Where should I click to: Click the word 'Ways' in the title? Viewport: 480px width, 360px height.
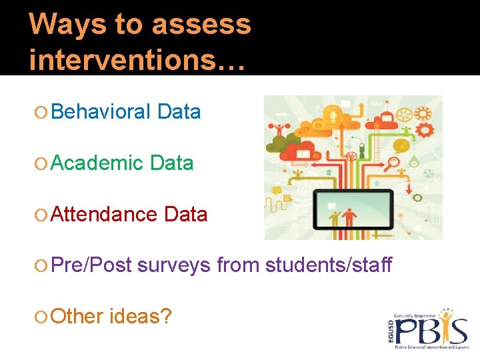pyautogui.click(x=57, y=25)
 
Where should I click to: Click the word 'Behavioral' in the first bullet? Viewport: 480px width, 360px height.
pyautogui.click(x=101, y=112)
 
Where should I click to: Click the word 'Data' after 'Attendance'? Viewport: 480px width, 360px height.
pyautogui.click(x=185, y=215)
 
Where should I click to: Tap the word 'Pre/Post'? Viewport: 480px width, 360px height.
pyautogui.click(x=93, y=265)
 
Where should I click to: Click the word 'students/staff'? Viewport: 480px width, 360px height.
pyautogui.click(x=329, y=265)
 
